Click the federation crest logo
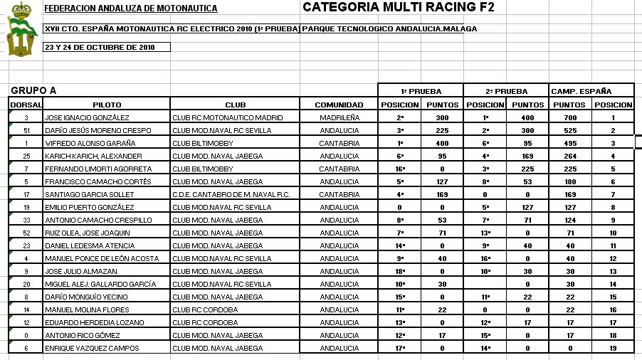click(22, 31)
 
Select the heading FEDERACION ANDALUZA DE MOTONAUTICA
click(131, 9)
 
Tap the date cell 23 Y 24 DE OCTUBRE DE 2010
click(100, 47)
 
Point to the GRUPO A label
click(33, 90)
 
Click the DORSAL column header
click(26, 105)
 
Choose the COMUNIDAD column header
click(339, 105)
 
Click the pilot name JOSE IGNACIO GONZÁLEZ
click(87, 117)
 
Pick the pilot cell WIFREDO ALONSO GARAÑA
click(90, 143)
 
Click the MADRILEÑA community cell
click(340, 117)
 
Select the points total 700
click(569, 117)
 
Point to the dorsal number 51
click(26, 130)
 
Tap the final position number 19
click(612, 348)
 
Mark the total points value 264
click(569, 156)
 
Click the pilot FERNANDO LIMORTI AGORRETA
click(98, 169)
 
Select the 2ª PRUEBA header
click(506, 91)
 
